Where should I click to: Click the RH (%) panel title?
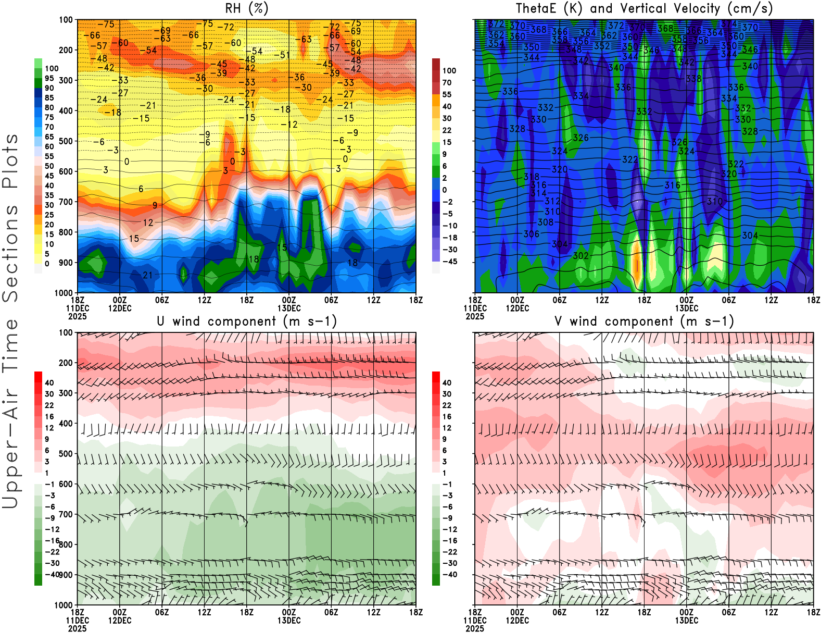(x=246, y=9)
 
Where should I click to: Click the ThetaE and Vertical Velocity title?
(x=644, y=9)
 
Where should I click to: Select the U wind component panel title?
(x=246, y=321)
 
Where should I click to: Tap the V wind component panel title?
(x=644, y=321)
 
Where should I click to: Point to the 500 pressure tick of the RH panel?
(x=66, y=141)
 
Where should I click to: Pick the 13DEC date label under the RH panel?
(x=289, y=308)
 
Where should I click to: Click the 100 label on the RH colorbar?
(x=52, y=68)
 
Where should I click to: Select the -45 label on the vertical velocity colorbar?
(x=450, y=262)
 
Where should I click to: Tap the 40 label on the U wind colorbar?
(x=49, y=383)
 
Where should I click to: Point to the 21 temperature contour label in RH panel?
(x=148, y=275)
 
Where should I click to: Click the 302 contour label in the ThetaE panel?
(x=580, y=256)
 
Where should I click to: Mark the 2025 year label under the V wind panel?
(x=475, y=629)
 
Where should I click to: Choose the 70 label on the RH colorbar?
(x=49, y=127)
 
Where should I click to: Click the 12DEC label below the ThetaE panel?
(x=517, y=308)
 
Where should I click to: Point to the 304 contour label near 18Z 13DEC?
(x=750, y=236)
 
